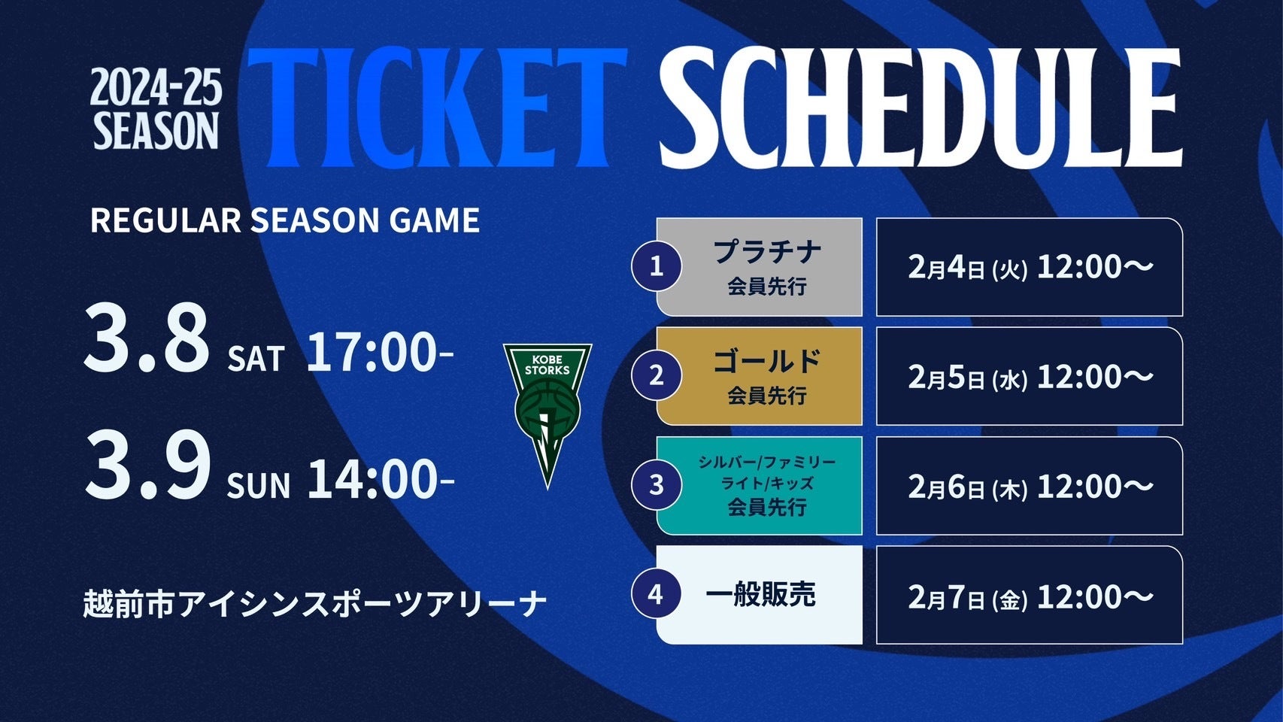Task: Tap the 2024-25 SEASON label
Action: click(x=156, y=109)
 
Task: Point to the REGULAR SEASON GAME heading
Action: click(x=285, y=220)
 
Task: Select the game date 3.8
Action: click(x=147, y=338)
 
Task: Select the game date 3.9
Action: click(x=147, y=466)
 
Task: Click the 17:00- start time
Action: click(x=380, y=353)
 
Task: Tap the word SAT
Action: click(x=256, y=359)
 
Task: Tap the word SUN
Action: click(x=258, y=486)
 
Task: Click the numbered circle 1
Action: click(x=657, y=266)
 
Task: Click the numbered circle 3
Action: click(x=657, y=485)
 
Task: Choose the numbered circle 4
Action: click(x=657, y=595)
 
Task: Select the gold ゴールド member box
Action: click(x=760, y=376)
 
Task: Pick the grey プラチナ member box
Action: click(x=760, y=266)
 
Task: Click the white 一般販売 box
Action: click(x=760, y=595)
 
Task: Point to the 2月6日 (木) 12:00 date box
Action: click(x=1030, y=486)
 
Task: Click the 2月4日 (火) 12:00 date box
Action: click(x=1030, y=267)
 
